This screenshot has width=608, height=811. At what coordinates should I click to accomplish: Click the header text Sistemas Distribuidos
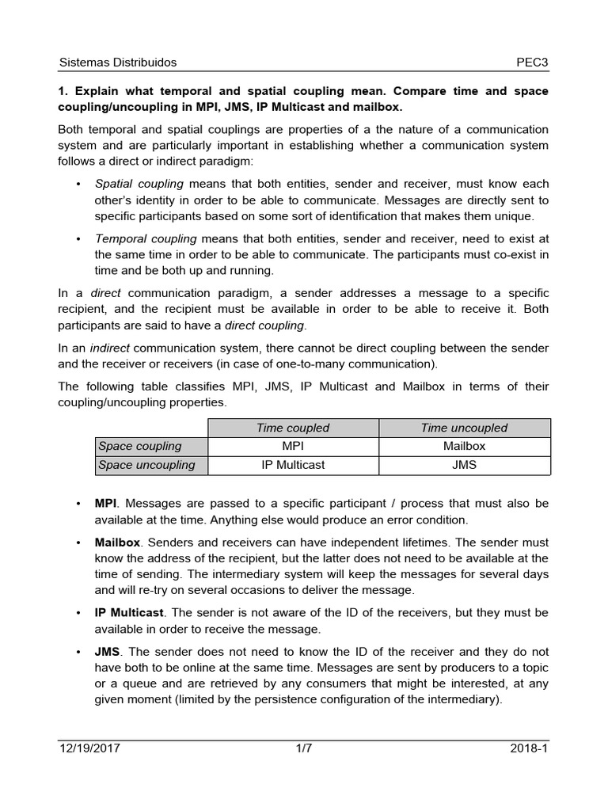pyautogui.click(x=118, y=62)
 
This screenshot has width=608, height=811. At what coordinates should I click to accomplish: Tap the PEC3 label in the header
pyautogui.click(x=532, y=62)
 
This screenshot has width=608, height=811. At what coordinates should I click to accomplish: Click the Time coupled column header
pyautogui.click(x=293, y=428)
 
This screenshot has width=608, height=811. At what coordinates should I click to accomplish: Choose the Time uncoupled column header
pyautogui.click(x=464, y=428)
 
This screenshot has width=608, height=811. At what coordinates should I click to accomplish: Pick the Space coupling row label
pyautogui.click(x=140, y=446)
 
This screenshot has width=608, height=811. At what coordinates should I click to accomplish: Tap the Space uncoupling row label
pyautogui.click(x=146, y=465)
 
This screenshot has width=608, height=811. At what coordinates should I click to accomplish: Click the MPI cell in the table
pyautogui.click(x=293, y=446)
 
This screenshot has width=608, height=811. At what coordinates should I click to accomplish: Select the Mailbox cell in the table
pyautogui.click(x=464, y=446)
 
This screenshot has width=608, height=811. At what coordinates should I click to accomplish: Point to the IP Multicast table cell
pyautogui.click(x=293, y=465)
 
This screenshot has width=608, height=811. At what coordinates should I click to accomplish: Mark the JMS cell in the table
pyautogui.click(x=464, y=465)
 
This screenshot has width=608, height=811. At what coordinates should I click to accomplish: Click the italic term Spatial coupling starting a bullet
pyautogui.click(x=139, y=184)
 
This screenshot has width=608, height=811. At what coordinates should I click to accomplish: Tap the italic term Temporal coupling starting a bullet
pyautogui.click(x=146, y=238)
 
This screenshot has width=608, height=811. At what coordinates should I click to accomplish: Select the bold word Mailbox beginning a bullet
pyautogui.click(x=117, y=543)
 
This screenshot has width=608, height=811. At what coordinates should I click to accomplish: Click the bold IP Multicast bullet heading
pyautogui.click(x=129, y=613)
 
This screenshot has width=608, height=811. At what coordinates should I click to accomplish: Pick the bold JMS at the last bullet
pyautogui.click(x=107, y=652)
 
